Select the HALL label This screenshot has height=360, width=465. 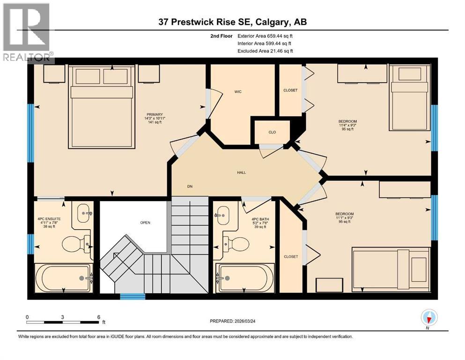(242, 172)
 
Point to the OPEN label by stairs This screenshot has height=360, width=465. (145, 222)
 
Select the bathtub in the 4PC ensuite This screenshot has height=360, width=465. (64, 278)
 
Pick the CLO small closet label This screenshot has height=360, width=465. (272, 132)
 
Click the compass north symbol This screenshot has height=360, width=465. (428, 318)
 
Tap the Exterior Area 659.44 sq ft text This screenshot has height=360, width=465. (266, 36)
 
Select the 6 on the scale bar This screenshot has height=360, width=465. (98, 317)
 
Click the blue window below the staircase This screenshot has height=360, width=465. (133, 296)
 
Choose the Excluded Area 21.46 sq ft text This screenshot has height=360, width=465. (266, 51)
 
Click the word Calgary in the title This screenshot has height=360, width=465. (275, 22)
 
